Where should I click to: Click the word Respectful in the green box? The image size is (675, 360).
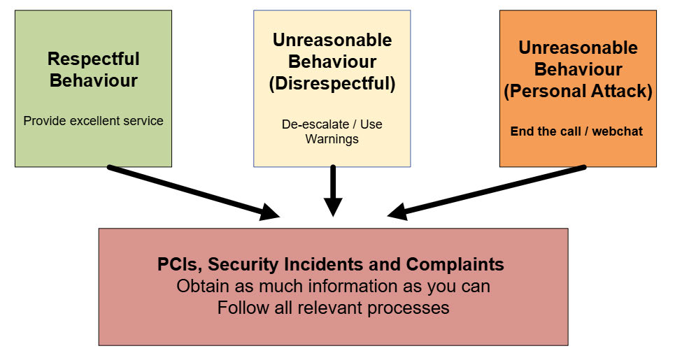pos(94,59)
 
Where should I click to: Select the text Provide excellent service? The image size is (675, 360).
pos(94,121)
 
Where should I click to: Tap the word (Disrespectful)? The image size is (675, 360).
pos(332,83)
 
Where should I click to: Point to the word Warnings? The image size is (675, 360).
pos(332,139)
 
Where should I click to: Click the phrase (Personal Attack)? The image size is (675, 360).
pos(578,91)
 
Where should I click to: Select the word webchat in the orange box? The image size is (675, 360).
pos(618,131)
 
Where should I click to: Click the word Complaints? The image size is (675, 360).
pos(455,264)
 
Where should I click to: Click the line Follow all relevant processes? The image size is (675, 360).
pos(333,308)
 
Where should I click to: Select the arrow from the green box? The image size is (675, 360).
pos(194,192)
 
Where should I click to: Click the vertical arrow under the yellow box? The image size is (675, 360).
pos(333,191)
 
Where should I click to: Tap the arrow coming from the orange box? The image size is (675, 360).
pos(486,192)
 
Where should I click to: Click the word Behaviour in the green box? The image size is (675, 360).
pos(94,81)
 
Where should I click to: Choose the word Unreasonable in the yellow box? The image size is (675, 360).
pos(332,40)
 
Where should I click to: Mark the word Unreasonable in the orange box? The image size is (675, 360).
pos(578,48)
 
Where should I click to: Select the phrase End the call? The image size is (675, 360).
pos(546,131)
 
